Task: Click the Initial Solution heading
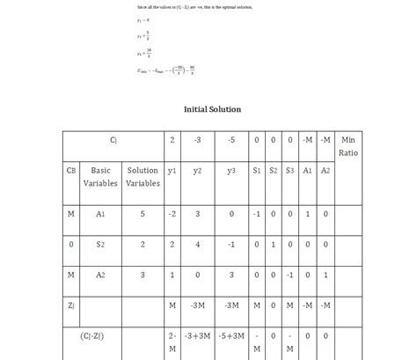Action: tap(212, 109)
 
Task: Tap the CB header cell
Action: tap(70, 170)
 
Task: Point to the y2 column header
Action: tap(197, 170)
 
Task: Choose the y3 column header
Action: tap(230, 170)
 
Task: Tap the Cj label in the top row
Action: tap(113, 140)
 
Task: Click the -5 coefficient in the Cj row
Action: tap(230, 140)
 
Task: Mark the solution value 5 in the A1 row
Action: tap(143, 214)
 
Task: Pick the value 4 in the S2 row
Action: tap(197, 245)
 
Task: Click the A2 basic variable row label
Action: tap(101, 276)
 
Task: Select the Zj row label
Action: tap(70, 305)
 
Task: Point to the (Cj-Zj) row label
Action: tap(101, 335)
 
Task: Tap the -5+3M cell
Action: tap(230, 335)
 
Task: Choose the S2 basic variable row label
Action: tap(101, 245)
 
